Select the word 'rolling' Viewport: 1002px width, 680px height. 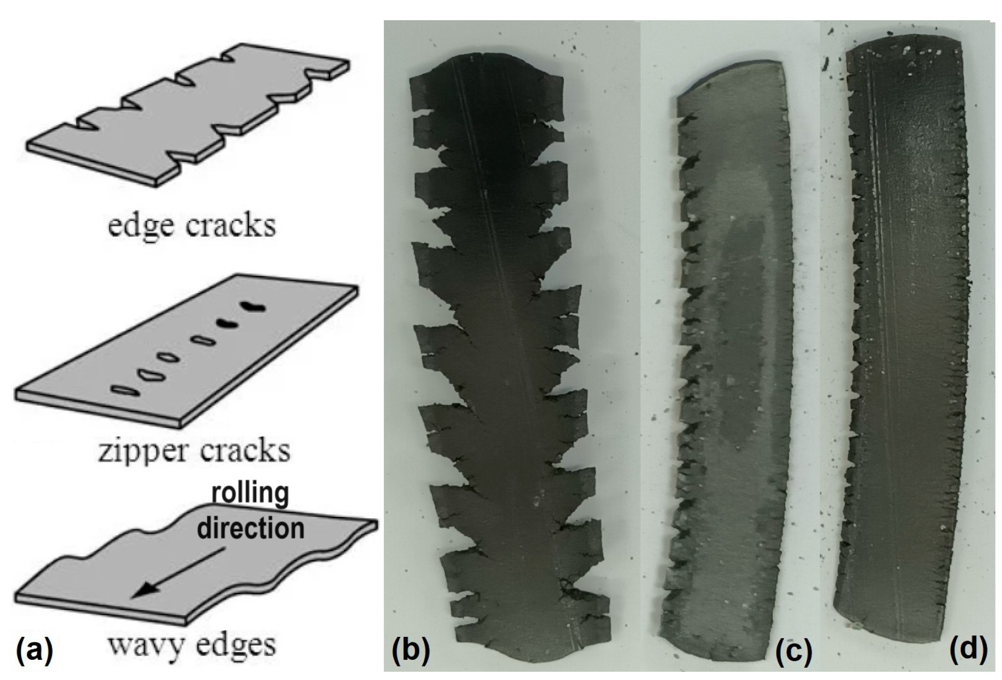point(249,494)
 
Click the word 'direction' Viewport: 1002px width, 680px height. point(250,528)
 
